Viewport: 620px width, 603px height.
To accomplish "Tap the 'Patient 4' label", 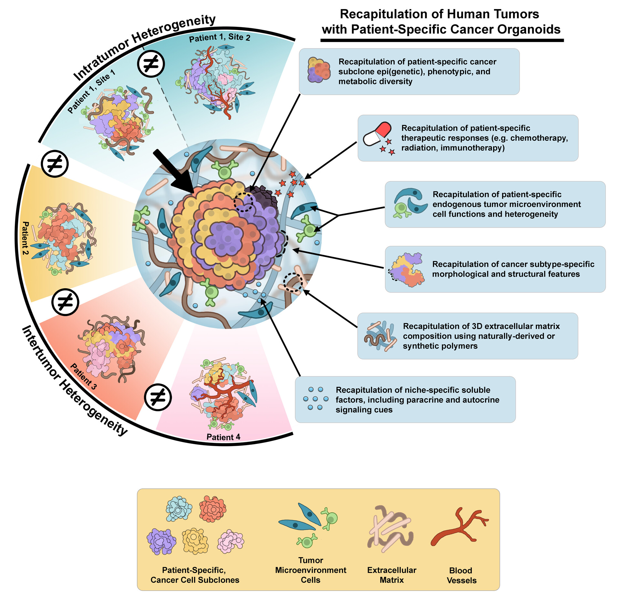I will coord(223,437).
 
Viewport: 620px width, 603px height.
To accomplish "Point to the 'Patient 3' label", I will coord(83,376).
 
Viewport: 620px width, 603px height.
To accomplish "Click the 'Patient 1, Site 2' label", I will coord(220,37).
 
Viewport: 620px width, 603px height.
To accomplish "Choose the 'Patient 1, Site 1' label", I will coord(91,92).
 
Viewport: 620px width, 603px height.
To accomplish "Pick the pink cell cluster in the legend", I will coord(231,541).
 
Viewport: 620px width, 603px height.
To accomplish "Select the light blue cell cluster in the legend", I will coord(179,509).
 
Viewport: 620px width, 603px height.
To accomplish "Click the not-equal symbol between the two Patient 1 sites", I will coord(151,64).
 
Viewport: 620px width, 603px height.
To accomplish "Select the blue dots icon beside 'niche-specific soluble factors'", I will coord(315,399).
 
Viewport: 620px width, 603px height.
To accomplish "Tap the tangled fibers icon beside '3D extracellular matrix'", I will coord(380,336).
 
